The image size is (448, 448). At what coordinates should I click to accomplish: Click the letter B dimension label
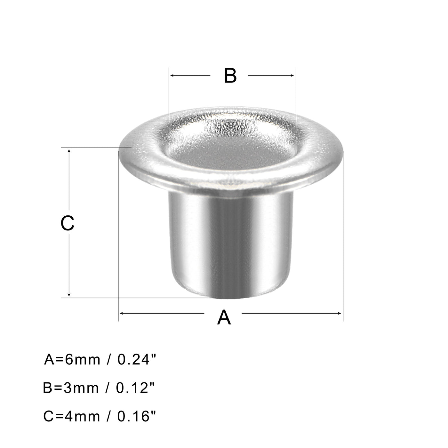pyautogui.click(x=230, y=76)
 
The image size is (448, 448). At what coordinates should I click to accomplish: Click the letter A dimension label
pyautogui.click(x=224, y=317)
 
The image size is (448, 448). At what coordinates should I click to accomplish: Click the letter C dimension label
pyautogui.click(x=68, y=223)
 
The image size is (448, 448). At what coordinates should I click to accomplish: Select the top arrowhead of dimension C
pyautogui.click(x=69, y=150)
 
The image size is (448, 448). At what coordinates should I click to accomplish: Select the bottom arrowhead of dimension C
pyautogui.click(x=69, y=295)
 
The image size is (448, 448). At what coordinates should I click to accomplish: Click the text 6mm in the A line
pyautogui.click(x=83, y=360)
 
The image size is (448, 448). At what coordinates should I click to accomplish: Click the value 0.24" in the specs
pyautogui.click(x=137, y=360)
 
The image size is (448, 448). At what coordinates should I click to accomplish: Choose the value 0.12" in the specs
pyautogui.click(x=135, y=388)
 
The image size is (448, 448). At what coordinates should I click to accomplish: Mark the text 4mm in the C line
pyautogui.click(x=83, y=416)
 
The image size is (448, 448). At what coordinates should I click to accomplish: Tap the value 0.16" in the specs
pyautogui.click(x=137, y=416)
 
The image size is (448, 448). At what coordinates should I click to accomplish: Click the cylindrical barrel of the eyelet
pyautogui.click(x=230, y=243)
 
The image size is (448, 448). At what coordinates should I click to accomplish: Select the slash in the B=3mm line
pyautogui.click(x=108, y=388)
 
